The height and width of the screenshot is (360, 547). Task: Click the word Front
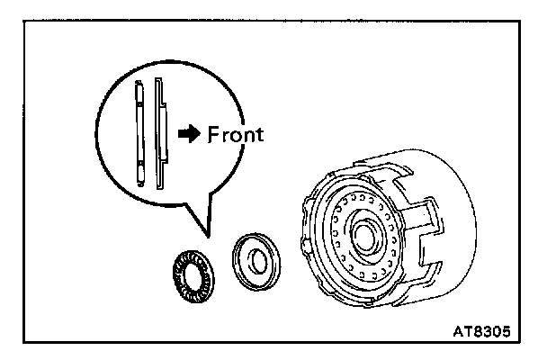[236, 134]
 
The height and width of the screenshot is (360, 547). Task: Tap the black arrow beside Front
[190, 134]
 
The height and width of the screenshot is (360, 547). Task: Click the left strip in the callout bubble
[139, 131]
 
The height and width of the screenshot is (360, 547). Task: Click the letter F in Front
[214, 134]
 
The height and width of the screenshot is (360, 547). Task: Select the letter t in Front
[259, 134]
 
